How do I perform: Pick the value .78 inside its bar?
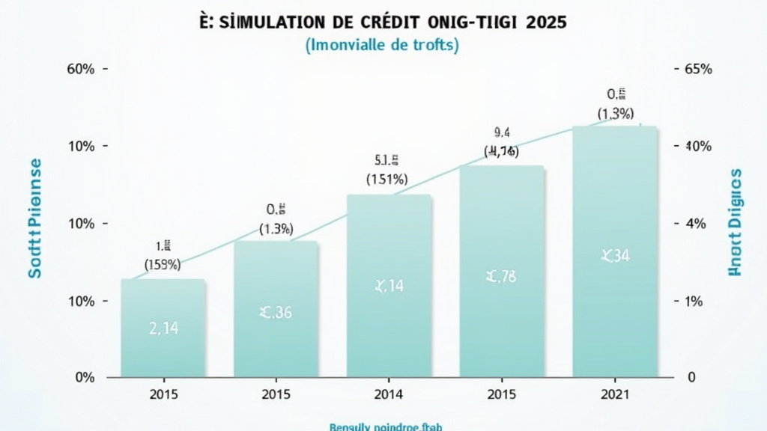point(501,278)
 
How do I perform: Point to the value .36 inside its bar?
point(276,313)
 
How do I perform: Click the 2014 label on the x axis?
point(389,394)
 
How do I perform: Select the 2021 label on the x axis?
point(615,394)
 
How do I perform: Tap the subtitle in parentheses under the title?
point(382,45)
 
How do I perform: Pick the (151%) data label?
point(386,179)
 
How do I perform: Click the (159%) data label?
point(163,263)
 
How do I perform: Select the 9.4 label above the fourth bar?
point(501,134)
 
